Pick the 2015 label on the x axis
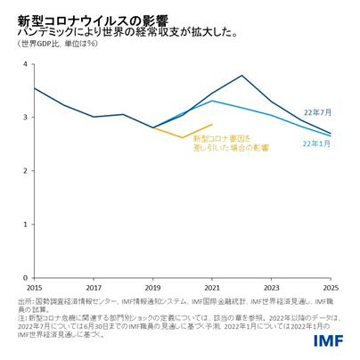[x=34, y=289]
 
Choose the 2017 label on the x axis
[x=94, y=289]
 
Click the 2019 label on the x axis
[x=153, y=289]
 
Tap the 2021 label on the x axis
[x=212, y=289]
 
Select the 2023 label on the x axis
[x=272, y=289]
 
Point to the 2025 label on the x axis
[x=331, y=289]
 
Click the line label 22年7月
[x=317, y=112]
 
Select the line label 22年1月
[x=317, y=143]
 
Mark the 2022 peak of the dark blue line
[x=242, y=76]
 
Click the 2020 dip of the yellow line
[x=183, y=137]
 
